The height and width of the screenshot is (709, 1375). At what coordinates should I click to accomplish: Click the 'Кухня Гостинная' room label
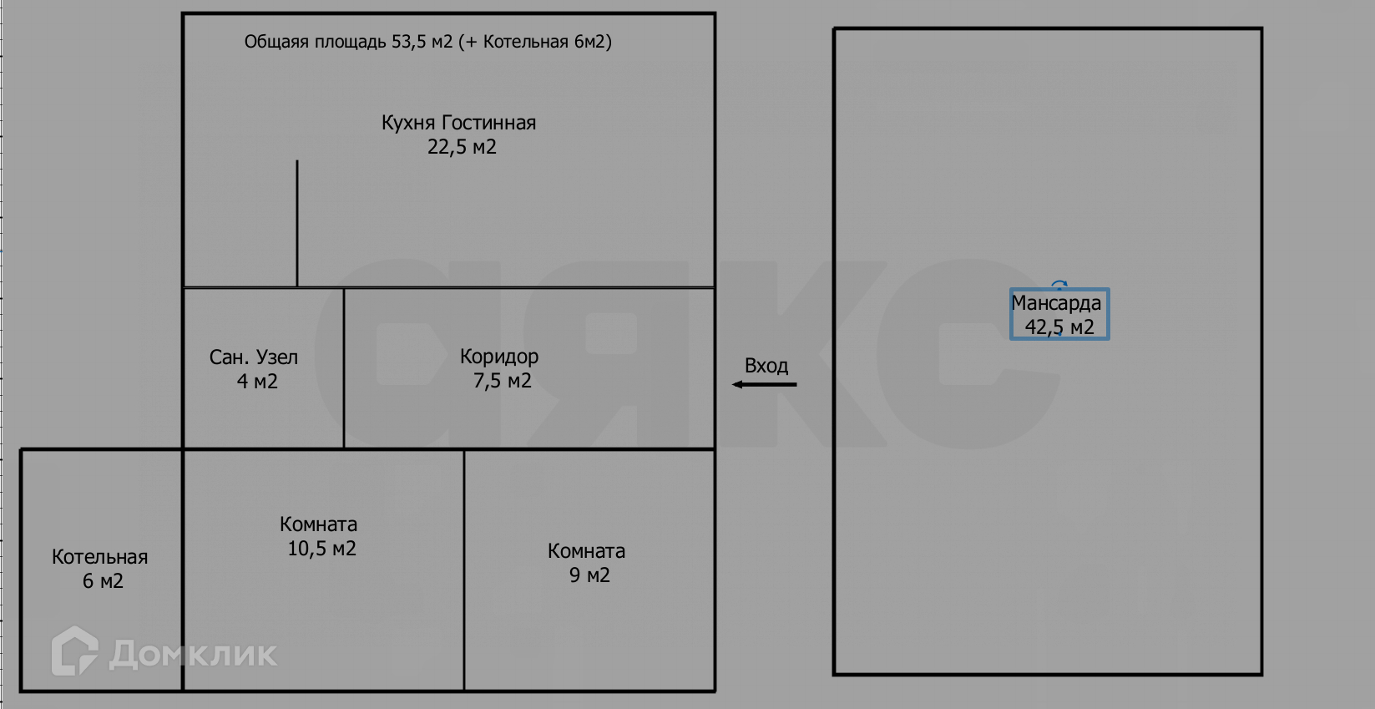[x=458, y=123]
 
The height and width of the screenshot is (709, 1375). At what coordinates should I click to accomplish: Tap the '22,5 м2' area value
[x=462, y=147]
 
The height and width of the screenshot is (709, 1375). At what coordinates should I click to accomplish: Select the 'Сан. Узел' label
[x=253, y=357]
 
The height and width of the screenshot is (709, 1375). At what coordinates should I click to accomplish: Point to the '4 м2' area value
[x=257, y=382]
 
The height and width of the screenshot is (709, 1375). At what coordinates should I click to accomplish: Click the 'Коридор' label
[x=499, y=357]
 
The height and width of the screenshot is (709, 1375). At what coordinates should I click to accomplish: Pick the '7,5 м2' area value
[x=503, y=381]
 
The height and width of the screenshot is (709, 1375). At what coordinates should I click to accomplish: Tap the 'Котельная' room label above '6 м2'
[x=99, y=557]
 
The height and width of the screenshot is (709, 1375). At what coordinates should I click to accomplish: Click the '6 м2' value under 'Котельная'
[x=103, y=581]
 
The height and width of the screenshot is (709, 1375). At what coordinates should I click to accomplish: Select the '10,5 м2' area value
[x=321, y=549]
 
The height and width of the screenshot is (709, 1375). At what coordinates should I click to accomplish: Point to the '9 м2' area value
[x=589, y=575]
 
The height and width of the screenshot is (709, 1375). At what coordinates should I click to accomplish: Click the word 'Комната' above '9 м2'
[x=586, y=551]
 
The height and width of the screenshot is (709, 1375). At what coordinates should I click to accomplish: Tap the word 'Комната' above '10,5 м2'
[x=318, y=524]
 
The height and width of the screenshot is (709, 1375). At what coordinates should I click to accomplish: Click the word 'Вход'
[x=766, y=366]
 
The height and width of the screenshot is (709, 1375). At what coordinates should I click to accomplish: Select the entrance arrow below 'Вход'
[x=764, y=385]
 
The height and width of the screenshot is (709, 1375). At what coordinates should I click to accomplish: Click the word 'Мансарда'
[x=1056, y=303]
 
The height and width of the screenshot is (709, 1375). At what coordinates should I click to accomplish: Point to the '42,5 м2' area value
[x=1059, y=327]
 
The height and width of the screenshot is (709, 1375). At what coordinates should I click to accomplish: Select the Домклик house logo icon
[x=74, y=651]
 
